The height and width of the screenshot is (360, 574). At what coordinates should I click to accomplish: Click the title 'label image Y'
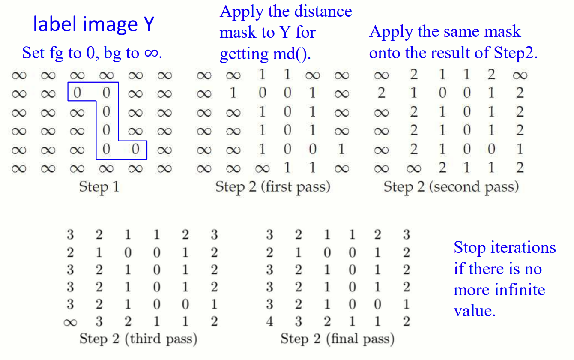[93, 25]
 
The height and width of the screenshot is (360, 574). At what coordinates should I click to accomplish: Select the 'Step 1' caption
[99, 187]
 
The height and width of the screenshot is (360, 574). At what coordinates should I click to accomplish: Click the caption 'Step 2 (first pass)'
[272, 187]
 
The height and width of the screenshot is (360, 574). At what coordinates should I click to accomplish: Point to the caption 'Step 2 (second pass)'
[451, 187]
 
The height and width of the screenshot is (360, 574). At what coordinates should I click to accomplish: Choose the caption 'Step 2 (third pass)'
[138, 339]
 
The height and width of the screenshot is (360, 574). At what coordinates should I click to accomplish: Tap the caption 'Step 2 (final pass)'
[337, 339]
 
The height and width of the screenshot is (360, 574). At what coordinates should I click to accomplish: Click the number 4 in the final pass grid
[269, 321]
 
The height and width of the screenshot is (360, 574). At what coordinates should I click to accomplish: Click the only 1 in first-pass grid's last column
[341, 149]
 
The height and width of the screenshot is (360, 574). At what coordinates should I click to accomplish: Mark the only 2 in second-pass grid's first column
[382, 93]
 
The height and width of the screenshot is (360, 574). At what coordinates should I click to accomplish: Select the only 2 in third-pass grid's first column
[70, 253]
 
